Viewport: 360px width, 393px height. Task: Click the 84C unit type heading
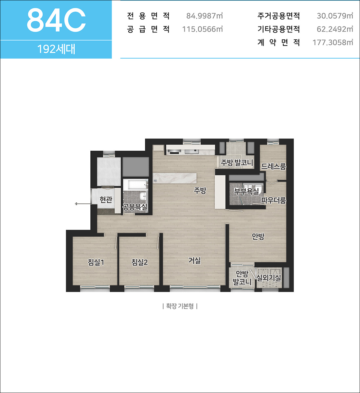(56, 20)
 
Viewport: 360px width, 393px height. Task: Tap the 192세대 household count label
(56, 49)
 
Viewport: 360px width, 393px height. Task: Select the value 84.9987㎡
(205, 16)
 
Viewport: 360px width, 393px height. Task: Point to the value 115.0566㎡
(202, 29)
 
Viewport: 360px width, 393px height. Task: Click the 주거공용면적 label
(279, 16)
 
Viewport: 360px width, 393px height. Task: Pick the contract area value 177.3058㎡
(333, 42)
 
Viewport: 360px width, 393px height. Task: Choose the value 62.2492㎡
(335, 29)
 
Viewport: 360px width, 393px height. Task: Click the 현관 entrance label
(106, 199)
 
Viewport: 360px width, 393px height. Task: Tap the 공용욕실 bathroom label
(135, 207)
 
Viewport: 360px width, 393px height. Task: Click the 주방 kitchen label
(200, 190)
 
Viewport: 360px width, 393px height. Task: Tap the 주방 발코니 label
(237, 162)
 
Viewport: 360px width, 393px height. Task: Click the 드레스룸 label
(274, 166)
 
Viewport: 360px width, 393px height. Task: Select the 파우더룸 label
(274, 200)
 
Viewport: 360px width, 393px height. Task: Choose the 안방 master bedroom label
(258, 236)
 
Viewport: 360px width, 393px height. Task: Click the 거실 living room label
(194, 260)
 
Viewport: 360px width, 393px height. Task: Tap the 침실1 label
(96, 262)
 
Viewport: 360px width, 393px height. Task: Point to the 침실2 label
(139, 262)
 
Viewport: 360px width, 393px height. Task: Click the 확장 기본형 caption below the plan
(180, 306)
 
